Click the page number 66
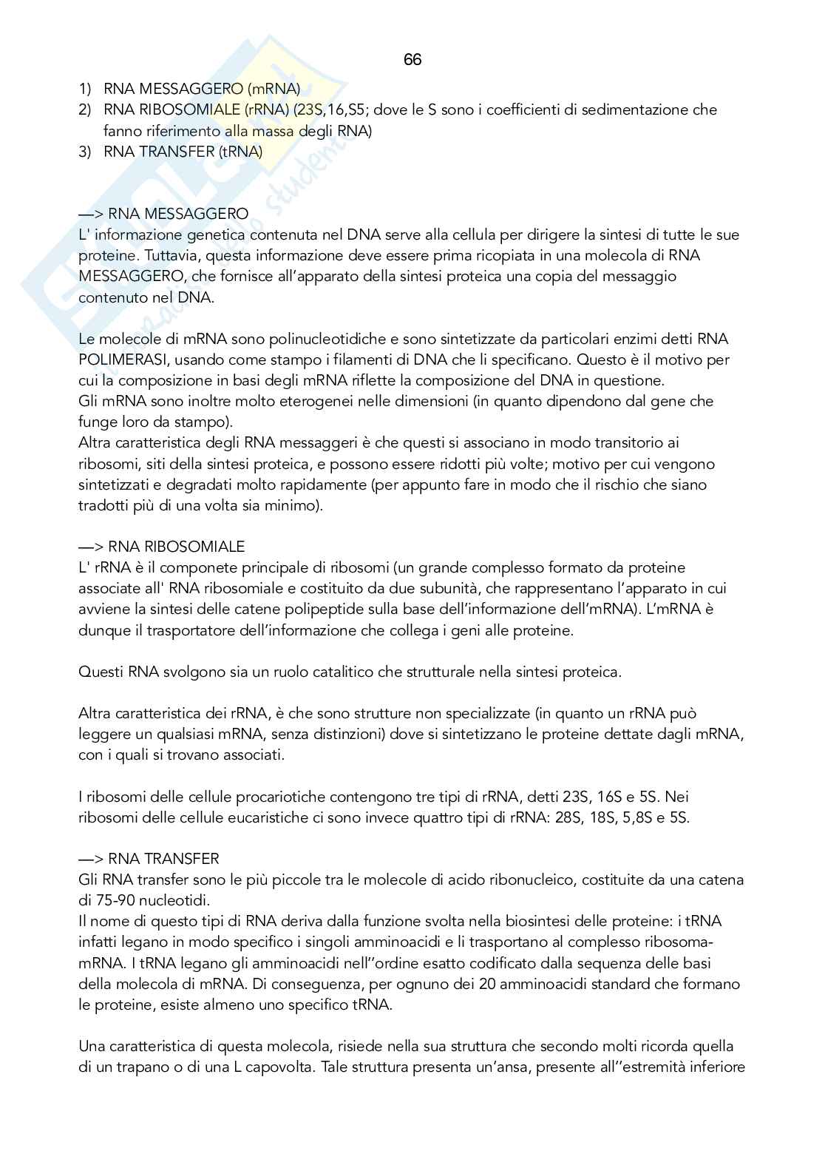click(412, 60)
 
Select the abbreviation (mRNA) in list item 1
click(274, 89)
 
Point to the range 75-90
click(116, 901)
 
